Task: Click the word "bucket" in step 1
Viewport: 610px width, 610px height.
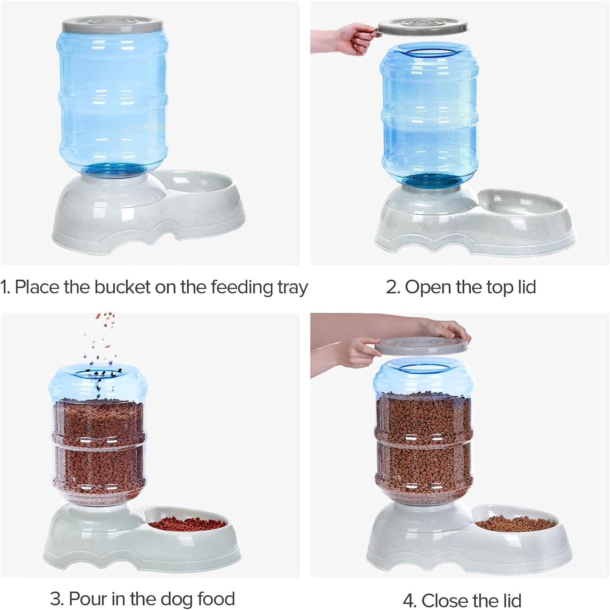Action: pyautogui.click(x=122, y=287)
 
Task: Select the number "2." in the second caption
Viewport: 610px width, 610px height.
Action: pyautogui.click(x=393, y=287)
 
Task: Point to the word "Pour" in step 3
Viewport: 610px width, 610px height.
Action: pyautogui.click(x=87, y=599)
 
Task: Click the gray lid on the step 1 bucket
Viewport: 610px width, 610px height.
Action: pyautogui.click(x=112, y=24)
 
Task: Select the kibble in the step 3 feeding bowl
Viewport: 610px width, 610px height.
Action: pyautogui.click(x=187, y=524)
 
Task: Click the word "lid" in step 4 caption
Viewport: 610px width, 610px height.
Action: pyautogui.click(x=509, y=600)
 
